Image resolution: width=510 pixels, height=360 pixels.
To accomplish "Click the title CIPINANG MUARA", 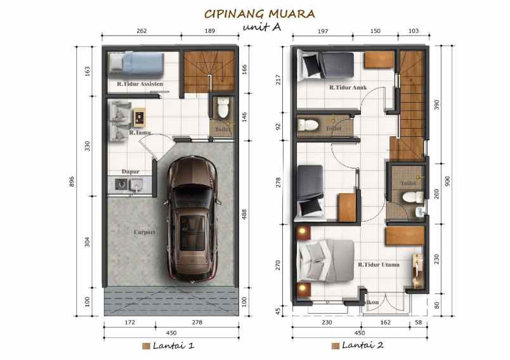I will point(259,13).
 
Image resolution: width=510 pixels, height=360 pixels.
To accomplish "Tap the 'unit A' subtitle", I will point(261,27).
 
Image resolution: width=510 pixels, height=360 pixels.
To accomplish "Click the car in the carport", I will point(193,219).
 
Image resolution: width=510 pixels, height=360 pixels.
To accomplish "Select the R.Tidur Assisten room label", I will point(140,83).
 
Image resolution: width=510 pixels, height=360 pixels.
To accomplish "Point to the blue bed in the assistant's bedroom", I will point(136,63).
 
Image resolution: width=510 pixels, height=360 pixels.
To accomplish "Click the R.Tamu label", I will point(140,133).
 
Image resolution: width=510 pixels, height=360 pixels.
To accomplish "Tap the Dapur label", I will point(131,171).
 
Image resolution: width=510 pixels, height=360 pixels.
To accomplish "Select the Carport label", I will point(145,232).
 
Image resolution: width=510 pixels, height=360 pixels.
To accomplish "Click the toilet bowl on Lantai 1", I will point(223,108).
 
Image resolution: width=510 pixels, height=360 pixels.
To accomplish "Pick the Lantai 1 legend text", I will point(173,345).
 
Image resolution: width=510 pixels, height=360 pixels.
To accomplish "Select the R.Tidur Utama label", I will point(378,265).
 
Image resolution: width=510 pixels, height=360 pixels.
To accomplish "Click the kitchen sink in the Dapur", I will point(137,184).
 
